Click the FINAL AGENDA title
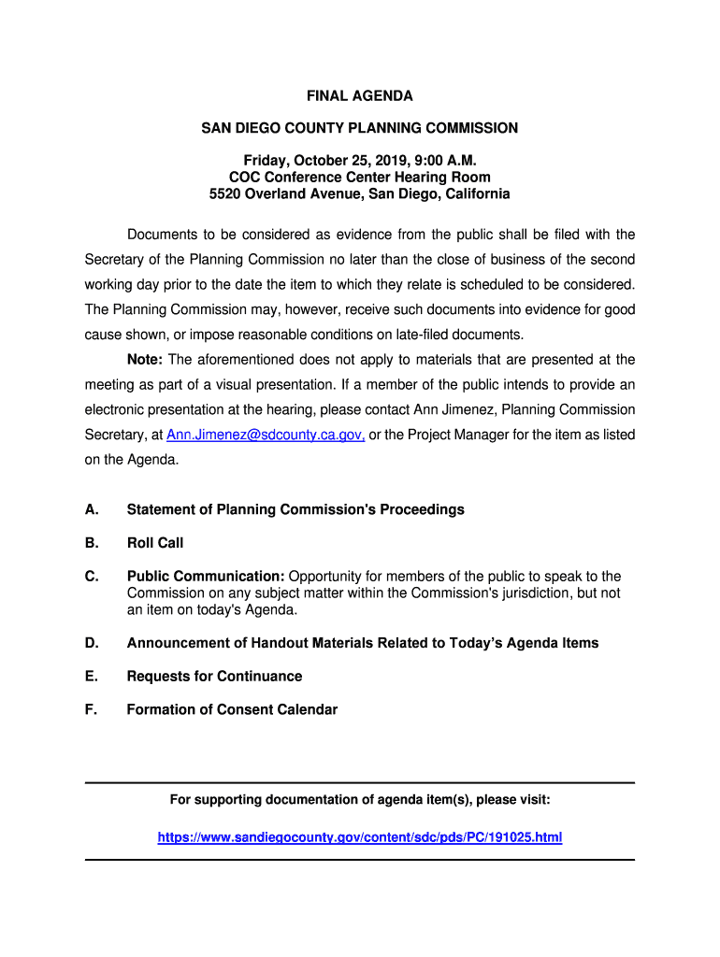tap(360, 96)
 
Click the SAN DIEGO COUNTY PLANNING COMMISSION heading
tap(360, 127)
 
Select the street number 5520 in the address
tap(226, 194)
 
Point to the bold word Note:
tap(145, 360)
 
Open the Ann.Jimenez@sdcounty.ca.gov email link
tap(266, 435)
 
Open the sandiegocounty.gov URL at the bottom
tap(360, 837)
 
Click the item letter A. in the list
tap(92, 509)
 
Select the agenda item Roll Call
tap(155, 543)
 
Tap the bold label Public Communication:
tap(206, 577)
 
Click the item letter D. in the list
tap(92, 643)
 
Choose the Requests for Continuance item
tap(214, 676)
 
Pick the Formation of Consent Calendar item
tap(232, 709)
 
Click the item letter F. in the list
tap(91, 709)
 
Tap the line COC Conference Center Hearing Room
tap(360, 177)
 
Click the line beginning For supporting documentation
tap(360, 800)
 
